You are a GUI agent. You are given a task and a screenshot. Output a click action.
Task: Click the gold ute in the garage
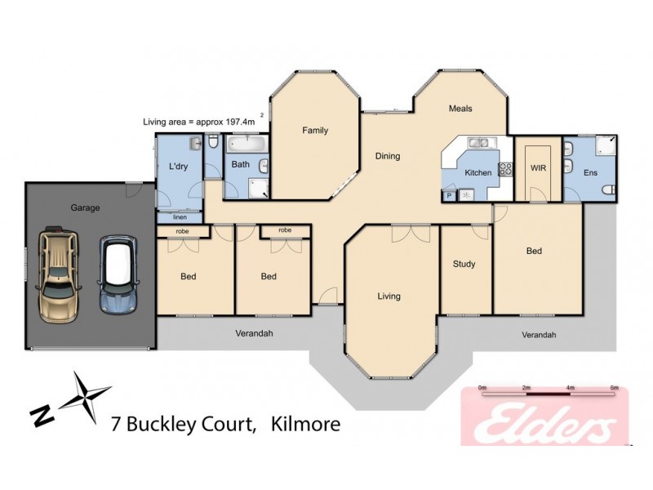click(x=59, y=267)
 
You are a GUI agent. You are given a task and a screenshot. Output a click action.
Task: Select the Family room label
click(x=315, y=130)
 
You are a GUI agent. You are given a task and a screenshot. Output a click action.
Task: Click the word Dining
click(x=387, y=156)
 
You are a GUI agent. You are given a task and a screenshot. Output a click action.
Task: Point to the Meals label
click(x=460, y=109)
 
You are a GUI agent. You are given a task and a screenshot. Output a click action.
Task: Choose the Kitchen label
click(x=478, y=172)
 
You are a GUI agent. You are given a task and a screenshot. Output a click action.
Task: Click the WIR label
click(x=537, y=167)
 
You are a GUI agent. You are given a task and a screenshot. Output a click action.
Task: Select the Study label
click(x=464, y=264)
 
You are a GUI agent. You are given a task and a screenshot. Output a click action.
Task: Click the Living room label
click(x=389, y=296)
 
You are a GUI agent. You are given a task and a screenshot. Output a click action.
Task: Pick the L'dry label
click(x=179, y=167)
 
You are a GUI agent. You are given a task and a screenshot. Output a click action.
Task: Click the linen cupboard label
click(x=180, y=217)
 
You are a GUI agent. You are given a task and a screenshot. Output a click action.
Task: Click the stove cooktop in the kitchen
click(x=505, y=170)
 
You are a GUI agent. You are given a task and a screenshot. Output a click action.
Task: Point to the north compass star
click(x=87, y=395)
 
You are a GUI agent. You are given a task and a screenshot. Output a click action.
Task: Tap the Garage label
click(x=85, y=207)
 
